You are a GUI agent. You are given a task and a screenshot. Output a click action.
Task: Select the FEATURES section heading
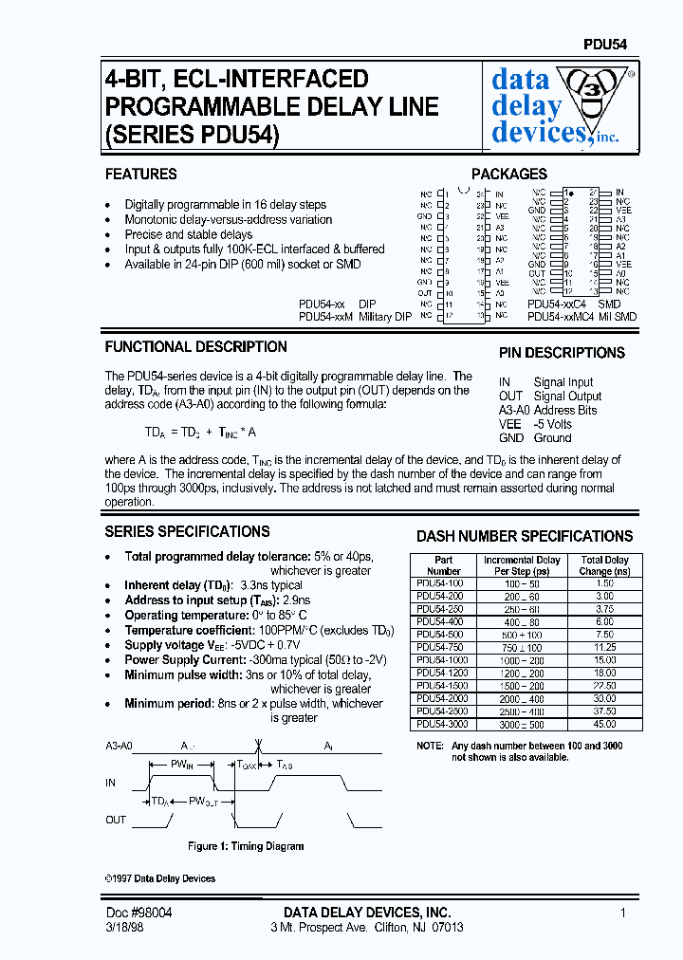coord(140,175)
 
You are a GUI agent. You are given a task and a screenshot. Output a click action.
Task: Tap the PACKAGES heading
coord(509,175)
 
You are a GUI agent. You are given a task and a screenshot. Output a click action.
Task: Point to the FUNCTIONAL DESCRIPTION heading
coord(195,347)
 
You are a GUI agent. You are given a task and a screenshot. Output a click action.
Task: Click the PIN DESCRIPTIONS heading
coord(562,353)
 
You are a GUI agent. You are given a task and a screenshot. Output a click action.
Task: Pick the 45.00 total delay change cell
coord(605,725)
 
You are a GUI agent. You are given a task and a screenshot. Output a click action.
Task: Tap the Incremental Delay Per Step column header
coord(522,565)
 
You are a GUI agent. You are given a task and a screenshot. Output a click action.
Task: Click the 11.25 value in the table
coord(605,647)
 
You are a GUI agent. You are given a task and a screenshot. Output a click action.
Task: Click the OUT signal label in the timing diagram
coord(117,820)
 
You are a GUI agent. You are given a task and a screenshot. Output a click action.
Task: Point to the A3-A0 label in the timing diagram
coord(120,747)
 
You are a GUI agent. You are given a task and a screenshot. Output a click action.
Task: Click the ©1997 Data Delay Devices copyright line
coord(160,878)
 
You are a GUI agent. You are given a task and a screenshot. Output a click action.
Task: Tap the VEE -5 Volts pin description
coord(535,424)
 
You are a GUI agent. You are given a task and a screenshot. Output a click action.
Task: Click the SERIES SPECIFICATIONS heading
coord(187,532)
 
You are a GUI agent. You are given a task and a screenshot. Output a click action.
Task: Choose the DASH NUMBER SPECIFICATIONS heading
coord(525,537)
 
